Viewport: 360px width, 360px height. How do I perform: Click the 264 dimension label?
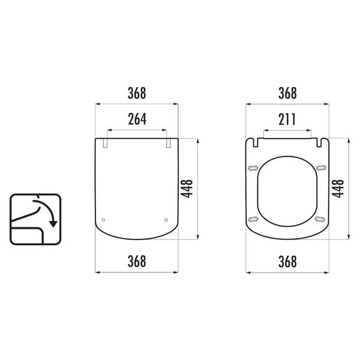[137, 119]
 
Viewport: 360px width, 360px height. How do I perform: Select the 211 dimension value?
[287, 119]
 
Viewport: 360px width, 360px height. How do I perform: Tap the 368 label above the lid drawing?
[137, 93]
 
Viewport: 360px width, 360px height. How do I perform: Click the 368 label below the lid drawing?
[137, 261]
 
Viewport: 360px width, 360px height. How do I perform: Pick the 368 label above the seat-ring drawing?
[287, 93]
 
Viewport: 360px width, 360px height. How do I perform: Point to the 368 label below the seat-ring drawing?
[287, 262]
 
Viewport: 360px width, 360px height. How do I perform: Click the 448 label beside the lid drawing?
[187, 189]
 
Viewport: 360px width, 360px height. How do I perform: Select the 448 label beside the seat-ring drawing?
[338, 189]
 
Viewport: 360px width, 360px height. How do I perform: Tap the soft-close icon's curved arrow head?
[53, 224]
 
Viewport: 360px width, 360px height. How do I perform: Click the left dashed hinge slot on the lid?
[105, 143]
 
